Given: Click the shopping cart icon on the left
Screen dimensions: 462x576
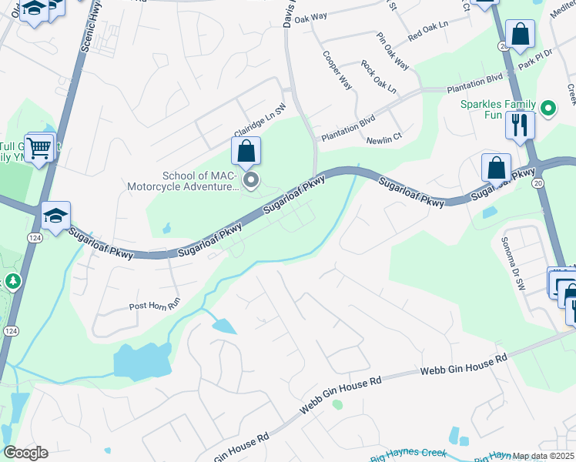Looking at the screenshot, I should pos(39,146).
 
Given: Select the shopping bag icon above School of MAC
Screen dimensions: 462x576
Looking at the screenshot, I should pos(246,152).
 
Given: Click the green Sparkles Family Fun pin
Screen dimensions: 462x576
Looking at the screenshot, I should pos(548,109).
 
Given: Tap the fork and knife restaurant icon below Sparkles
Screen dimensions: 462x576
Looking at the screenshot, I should pos(520,124).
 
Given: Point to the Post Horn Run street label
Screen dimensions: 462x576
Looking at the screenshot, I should pos(154,306).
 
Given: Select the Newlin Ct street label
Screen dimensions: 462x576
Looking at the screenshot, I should pos(384,140).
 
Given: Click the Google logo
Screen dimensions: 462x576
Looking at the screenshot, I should pos(25,453).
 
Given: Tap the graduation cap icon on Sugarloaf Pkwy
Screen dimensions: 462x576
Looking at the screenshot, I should pos(55,217).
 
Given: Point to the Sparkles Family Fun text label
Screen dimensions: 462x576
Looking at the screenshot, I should pos(501,109).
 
